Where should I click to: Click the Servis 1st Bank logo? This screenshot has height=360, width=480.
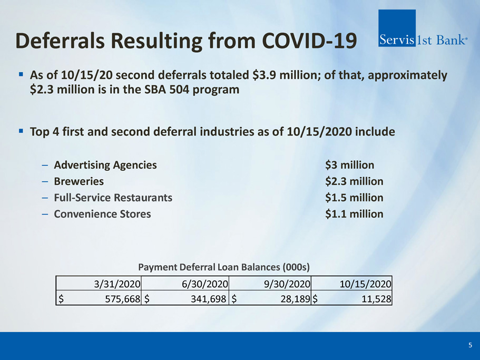coord(423,28)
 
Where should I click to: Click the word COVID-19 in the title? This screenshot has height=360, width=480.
coord(309,41)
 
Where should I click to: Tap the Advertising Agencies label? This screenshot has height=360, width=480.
coord(105,165)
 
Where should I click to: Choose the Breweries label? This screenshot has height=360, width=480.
coord(79,181)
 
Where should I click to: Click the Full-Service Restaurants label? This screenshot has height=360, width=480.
coord(113,198)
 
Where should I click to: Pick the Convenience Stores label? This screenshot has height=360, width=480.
coord(102,213)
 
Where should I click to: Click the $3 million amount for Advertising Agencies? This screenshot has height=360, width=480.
coord(349,165)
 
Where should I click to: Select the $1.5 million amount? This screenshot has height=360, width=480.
coord(354,198)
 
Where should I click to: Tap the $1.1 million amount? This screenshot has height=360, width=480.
coord(354,213)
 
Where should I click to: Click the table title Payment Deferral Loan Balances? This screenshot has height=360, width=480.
coord(209,267)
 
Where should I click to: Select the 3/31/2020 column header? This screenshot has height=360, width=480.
coord(117,284)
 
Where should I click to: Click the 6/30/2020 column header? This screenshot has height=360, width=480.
coord(205,284)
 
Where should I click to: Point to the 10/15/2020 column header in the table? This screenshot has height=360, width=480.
coord(365,284)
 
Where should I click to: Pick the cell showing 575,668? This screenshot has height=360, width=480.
coord(122,298)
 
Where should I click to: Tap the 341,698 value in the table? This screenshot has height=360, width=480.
coord(209,298)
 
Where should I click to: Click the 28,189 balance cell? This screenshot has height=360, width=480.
coord(296,298)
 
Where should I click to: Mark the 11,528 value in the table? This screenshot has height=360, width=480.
coord(376,298)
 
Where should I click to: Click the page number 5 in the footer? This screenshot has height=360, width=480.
coord(470,345)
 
